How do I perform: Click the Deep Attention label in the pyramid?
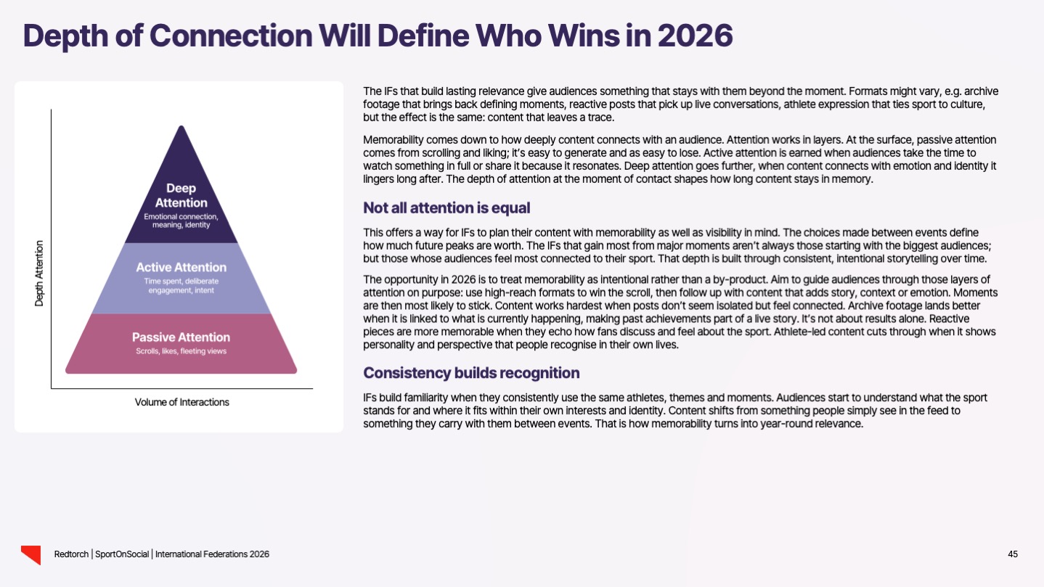tap(181, 195)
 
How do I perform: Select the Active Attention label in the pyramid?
tap(181, 267)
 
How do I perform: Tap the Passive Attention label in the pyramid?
tap(181, 337)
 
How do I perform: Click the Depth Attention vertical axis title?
tap(39, 273)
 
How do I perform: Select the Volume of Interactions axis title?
tap(182, 402)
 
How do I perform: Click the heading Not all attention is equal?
tap(446, 208)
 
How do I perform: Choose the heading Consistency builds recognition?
tap(471, 373)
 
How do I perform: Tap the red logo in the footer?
tap(30, 554)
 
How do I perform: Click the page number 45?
tap(1013, 554)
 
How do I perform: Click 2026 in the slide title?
tap(695, 35)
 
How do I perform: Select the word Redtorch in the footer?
tap(72, 554)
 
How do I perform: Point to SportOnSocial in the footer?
tap(123, 554)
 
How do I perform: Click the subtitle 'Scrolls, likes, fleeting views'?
tap(181, 352)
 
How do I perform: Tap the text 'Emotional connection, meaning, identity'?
tap(181, 221)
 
